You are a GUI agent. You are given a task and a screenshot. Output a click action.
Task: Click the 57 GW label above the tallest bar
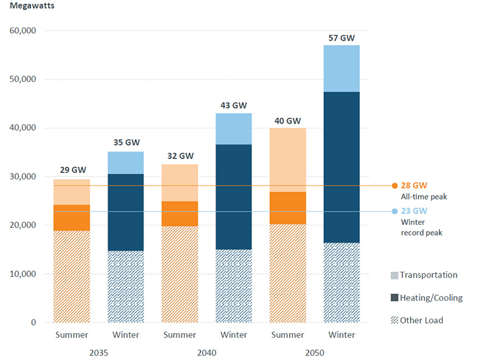tap(341, 38)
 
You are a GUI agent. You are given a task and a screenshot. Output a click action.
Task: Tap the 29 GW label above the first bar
tap(72, 170)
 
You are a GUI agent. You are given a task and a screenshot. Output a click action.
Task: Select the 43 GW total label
tap(234, 106)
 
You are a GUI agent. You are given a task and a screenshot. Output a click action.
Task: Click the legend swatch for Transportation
tap(394, 275)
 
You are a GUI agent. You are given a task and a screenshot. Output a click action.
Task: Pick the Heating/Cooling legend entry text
tap(431, 298)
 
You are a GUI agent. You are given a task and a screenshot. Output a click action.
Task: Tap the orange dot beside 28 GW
tap(395, 186)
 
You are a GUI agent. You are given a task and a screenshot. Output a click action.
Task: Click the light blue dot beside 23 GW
tap(395, 211)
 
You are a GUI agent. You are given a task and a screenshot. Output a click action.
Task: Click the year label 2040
tap(206, 353)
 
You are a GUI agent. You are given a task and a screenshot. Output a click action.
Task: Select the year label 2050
tap(315, 353)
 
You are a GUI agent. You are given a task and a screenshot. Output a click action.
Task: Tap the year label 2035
tap(99, 353)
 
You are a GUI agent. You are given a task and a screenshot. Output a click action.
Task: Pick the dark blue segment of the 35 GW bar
tap(126, 213)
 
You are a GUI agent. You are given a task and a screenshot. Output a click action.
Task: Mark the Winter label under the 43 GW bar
tap(234, 335)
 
